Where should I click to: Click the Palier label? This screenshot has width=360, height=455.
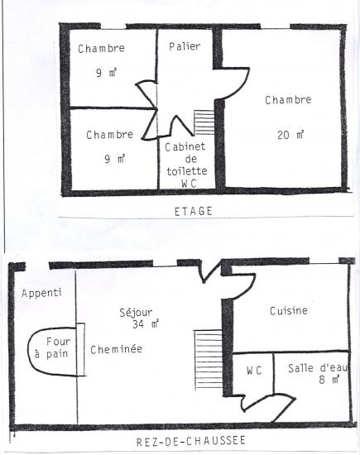[185, 46]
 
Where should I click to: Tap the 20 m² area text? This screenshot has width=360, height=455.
[290, 135]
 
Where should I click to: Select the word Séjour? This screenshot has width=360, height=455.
[136, 313]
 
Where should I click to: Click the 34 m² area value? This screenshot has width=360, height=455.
[146, 323]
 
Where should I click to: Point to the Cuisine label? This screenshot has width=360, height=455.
[289, 311]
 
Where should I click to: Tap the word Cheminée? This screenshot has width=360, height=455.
[116, 349]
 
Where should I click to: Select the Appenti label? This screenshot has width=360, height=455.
[41, 293]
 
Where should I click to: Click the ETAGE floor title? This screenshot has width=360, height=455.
[194, 211]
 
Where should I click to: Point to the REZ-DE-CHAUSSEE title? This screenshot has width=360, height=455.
[191, 441]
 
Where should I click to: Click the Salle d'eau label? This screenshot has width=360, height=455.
[318, 368]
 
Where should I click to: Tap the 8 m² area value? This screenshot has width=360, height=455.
[329, 380]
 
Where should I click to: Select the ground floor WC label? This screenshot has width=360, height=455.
[254, 371]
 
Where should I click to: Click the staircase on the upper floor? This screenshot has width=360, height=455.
[204, 122]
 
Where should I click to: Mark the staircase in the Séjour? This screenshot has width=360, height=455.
[209, 360]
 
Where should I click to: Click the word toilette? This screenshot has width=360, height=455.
[187, 171]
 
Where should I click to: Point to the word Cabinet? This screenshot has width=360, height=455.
[185, 146]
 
